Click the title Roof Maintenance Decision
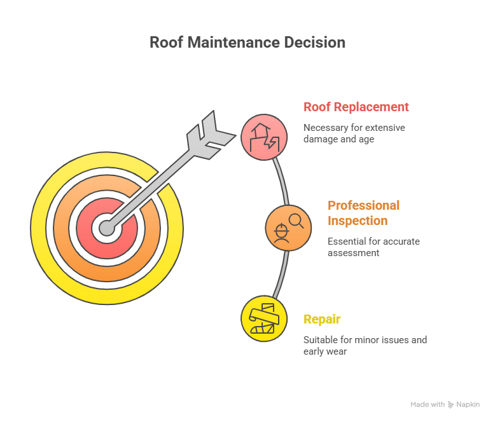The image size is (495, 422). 247,43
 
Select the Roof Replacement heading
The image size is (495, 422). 356,107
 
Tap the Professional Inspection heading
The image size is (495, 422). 363,213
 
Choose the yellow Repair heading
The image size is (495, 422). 322,319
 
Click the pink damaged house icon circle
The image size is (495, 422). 264,137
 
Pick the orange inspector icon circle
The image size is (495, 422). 288,228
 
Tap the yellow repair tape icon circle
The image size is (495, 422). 264,318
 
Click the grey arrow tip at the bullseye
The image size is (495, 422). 106,228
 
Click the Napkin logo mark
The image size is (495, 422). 450,404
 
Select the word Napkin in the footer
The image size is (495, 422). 468,404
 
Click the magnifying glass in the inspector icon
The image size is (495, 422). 296,221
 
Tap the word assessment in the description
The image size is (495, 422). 353,252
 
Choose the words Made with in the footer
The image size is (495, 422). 428,404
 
